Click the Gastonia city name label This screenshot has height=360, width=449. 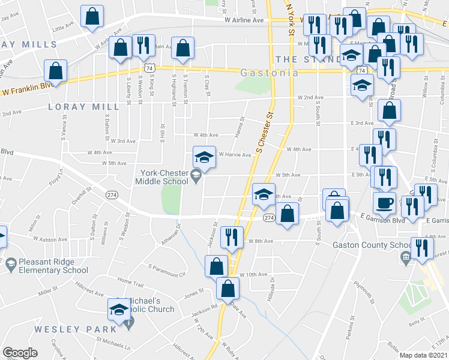pos(270,73)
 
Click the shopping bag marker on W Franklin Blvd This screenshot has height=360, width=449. pos(55,71)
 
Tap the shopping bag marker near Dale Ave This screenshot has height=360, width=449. pos(228,289)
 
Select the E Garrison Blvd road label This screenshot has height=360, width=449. pos(388,220)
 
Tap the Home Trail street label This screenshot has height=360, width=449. pos(131,281)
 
